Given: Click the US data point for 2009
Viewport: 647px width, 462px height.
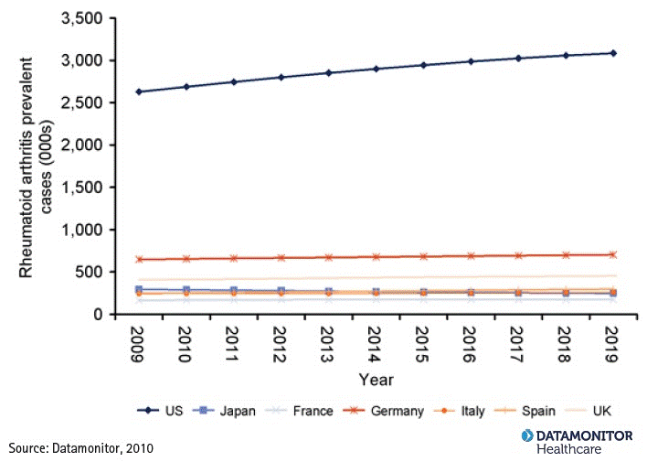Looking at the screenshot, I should coord(138,91).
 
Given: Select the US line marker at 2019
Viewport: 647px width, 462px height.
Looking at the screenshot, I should coord(612,53).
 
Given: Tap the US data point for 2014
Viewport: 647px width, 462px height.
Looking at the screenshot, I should coord(376,69).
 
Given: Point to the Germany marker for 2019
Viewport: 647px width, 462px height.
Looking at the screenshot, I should coord(612,254).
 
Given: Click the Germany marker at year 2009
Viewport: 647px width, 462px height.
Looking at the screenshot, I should coord(138,260).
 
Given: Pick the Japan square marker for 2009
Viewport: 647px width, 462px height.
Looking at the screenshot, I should coord(138,290).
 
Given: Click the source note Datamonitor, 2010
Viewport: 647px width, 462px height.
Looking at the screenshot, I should coord(81,448).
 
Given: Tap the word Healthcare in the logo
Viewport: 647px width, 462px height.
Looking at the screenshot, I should coord(568,449).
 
